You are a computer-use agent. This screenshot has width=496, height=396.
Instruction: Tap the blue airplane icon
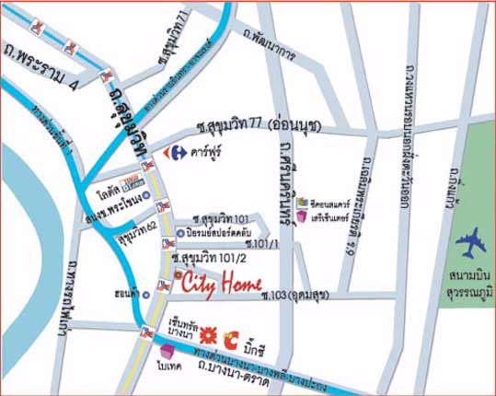click(x=471, y=243)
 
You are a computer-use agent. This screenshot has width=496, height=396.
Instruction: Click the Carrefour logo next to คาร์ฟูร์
click(x=170, y=151)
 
